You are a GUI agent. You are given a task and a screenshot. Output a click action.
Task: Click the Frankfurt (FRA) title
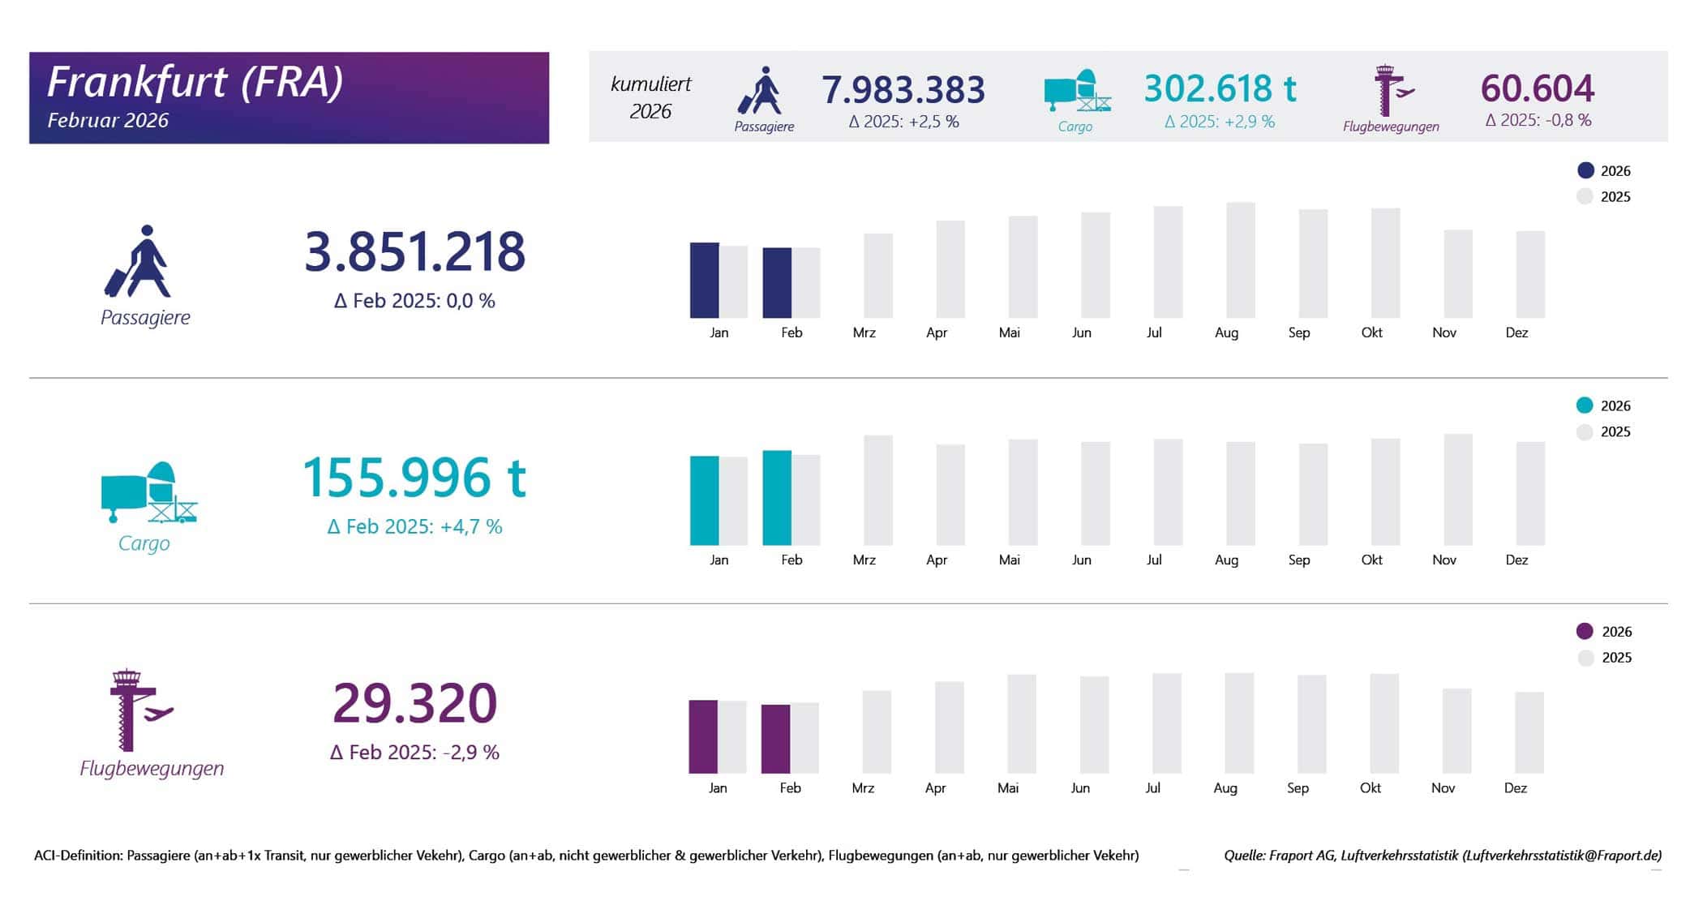(195, 82)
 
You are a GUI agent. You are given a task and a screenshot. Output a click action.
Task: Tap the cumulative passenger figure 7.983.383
(903, 89)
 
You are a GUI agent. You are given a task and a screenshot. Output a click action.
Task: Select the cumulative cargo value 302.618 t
(1220, 88)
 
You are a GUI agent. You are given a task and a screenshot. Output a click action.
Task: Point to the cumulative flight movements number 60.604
(1538, 88)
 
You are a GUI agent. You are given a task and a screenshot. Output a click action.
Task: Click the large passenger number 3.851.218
(414, 251)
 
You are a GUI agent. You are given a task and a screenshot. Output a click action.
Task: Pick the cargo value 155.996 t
(414, 477)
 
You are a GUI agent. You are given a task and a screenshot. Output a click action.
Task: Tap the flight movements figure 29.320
(414, 702)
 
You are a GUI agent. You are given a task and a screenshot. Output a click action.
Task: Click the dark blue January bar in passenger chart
(704, 280)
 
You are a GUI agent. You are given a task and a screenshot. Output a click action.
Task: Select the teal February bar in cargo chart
(777, 497)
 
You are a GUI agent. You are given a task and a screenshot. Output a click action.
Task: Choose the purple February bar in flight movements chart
(775, 739)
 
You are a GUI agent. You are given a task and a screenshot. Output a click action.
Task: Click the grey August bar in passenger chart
(1240, 260)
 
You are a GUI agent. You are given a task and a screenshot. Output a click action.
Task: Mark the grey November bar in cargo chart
(1458, 489)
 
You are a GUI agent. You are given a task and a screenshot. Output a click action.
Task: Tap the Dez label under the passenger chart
(1516, 333)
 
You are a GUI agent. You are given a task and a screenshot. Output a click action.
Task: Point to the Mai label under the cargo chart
(1009, 560)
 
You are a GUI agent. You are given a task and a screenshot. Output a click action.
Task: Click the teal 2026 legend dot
(1585, 405)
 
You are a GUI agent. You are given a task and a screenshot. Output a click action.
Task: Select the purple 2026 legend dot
(1585, 631)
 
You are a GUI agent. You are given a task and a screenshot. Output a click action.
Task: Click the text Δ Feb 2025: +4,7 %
(414, 527)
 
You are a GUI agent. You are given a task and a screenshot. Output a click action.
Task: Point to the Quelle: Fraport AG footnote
(1442, 855)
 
